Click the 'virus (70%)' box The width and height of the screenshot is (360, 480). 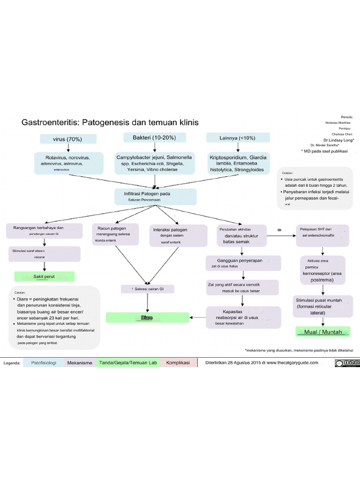point(68,139)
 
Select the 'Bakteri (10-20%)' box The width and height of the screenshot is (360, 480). point(155,137)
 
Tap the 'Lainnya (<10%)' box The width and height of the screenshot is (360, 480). point(238,138)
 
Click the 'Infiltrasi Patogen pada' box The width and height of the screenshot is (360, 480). point(155,196)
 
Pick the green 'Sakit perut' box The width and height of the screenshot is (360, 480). point(45,277)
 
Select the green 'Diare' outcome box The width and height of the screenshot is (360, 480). point(147,318)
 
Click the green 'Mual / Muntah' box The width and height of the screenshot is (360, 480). point(323,332)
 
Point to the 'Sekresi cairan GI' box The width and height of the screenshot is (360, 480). point(148,289)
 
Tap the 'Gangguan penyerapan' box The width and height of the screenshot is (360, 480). point(243,263)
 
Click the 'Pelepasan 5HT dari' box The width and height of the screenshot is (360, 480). point(322,235)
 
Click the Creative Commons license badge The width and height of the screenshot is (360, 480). point(347,363)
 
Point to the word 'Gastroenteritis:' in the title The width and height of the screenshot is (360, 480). point(50,122)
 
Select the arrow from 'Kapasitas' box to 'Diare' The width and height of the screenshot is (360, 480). point(198,318)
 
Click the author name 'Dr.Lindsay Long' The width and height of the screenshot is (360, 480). point(337,140)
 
